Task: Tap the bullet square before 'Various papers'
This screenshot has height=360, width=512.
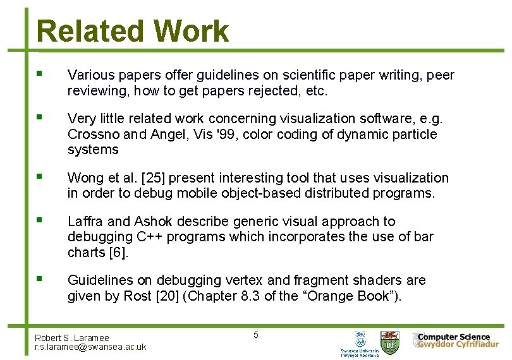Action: pyautogui.click(x=40, y=74)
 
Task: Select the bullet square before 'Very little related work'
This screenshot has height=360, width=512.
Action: pyautogui.click(x=40, y=117)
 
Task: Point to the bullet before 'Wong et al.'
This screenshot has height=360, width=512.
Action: pyautogui.click(x=40, y=176)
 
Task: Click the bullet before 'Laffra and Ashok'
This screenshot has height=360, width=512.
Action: pyautogui.click(x=40, y=220)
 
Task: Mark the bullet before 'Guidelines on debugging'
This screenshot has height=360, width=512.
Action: pyautogui.click(x=40, y=278)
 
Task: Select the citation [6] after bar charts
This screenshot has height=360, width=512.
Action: pyautogui.click(x=119, y=252)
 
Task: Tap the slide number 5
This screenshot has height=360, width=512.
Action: pyautogui.click(x=255, y=335)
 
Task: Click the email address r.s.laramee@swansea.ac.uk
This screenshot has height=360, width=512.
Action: pyautogui.click(x=90, y=347)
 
